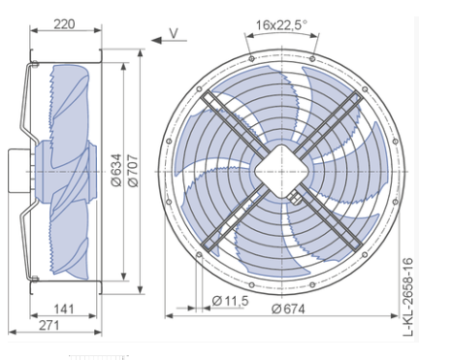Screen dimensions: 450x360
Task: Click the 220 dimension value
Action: [x=64, y=24]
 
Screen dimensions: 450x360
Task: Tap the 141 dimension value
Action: [x=64, y=310]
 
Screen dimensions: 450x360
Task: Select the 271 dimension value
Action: [x=49, y=325]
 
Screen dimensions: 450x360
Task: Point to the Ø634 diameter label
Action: [x=116, y=170]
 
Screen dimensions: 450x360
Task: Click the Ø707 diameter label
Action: [x=133, y=170]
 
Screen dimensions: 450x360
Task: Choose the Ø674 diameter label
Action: [x=288, y=310]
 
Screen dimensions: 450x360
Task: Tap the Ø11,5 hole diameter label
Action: [x=231, y=301]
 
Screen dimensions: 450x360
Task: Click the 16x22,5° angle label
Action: [x=281, y=25]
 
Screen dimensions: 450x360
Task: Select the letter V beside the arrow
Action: [x=174, y=33]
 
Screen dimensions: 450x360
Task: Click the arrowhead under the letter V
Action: [x=156, y=41]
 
